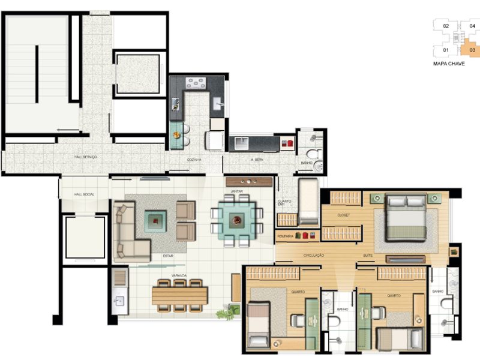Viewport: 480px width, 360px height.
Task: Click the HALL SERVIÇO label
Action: tap(86, 157)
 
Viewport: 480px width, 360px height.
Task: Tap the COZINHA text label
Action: tap(194, 160)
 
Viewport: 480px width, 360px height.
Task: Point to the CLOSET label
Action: tap(343, 214)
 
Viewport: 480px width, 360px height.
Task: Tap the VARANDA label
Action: tap(179, 276)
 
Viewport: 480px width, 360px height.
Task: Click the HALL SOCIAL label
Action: tap(84, 194)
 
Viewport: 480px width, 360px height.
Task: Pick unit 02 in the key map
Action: tap(446, 26)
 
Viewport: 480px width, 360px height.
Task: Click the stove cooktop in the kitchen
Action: tap(196, 83)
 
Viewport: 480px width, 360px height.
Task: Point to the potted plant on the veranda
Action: tap(226, 313)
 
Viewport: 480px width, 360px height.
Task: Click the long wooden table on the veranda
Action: tap(179, 295)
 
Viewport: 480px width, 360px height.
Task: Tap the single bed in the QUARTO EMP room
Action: tap(308, 200)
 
